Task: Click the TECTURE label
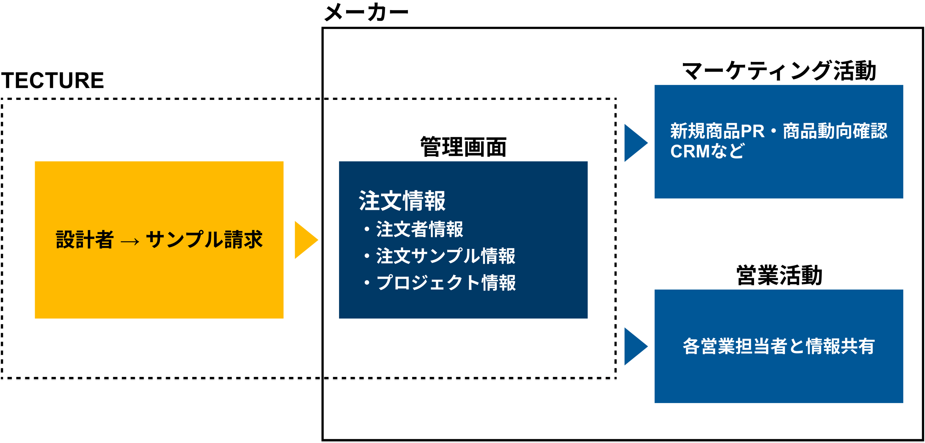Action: click(x=52, y=80)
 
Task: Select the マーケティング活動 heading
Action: click(x=779, y=71)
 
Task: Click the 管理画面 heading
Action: click(x=463, y=147)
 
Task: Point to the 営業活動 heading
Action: click(x=779, y=275)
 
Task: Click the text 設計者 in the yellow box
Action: click(x=85, y=240)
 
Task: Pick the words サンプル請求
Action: click(x=204, y=240)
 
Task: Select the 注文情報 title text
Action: click(x=402, y=201)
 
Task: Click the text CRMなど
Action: click(x=707, y=151)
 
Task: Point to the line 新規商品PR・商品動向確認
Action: click(x=779, y=131)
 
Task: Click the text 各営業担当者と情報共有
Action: click(x=779, y=346)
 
